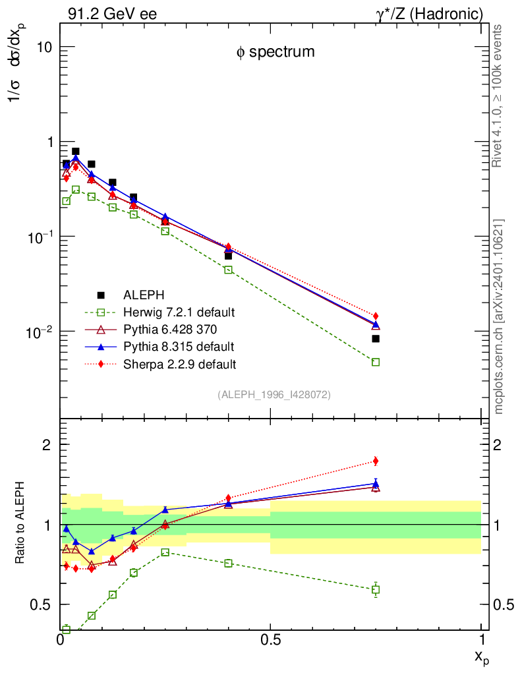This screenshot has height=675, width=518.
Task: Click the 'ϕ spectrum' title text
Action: click(x=275, y=52)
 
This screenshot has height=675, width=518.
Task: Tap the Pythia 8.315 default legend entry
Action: click(x=179, y=346)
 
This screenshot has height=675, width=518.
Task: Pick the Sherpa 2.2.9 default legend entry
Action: click(x=180, y=363)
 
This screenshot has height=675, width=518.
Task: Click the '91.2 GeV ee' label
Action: click(x=112, y=13)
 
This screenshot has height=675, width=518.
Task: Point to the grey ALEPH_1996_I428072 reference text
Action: click(x=273, y=394)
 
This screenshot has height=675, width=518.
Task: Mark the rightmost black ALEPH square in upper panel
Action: click(x=376, y=339)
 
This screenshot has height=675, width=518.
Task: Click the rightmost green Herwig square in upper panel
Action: click(x=376, y=362)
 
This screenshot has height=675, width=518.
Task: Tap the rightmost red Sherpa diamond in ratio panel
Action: click(x=376, y=461)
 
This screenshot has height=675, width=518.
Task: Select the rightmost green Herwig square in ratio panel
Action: click(x=376, y=589)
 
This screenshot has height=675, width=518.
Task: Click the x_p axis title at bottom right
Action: click(x=481, y=657)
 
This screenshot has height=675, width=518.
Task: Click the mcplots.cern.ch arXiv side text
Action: click(x=499, y=316)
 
